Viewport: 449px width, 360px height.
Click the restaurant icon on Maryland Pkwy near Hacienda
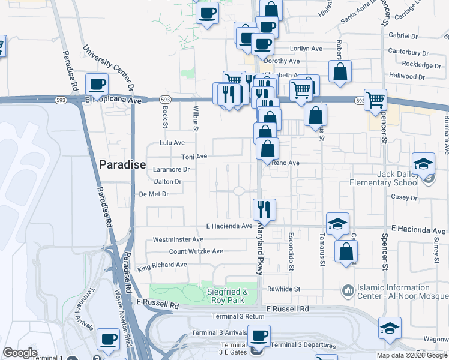click(264, 209)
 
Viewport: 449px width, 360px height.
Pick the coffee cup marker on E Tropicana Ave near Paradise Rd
click(97, 85)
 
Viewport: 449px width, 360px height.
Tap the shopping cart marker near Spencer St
click(375, 100)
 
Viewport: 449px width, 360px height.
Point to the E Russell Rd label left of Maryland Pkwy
click(158, 305)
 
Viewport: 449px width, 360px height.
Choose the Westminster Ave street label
click(178, 239)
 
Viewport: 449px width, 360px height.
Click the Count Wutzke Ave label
click(196, 251)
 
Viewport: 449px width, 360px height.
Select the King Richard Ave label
click(162, 265)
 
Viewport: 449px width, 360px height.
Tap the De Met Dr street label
click(154, 194)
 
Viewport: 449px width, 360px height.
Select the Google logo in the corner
click(20, 353)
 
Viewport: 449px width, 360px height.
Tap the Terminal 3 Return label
click(238, 316)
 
